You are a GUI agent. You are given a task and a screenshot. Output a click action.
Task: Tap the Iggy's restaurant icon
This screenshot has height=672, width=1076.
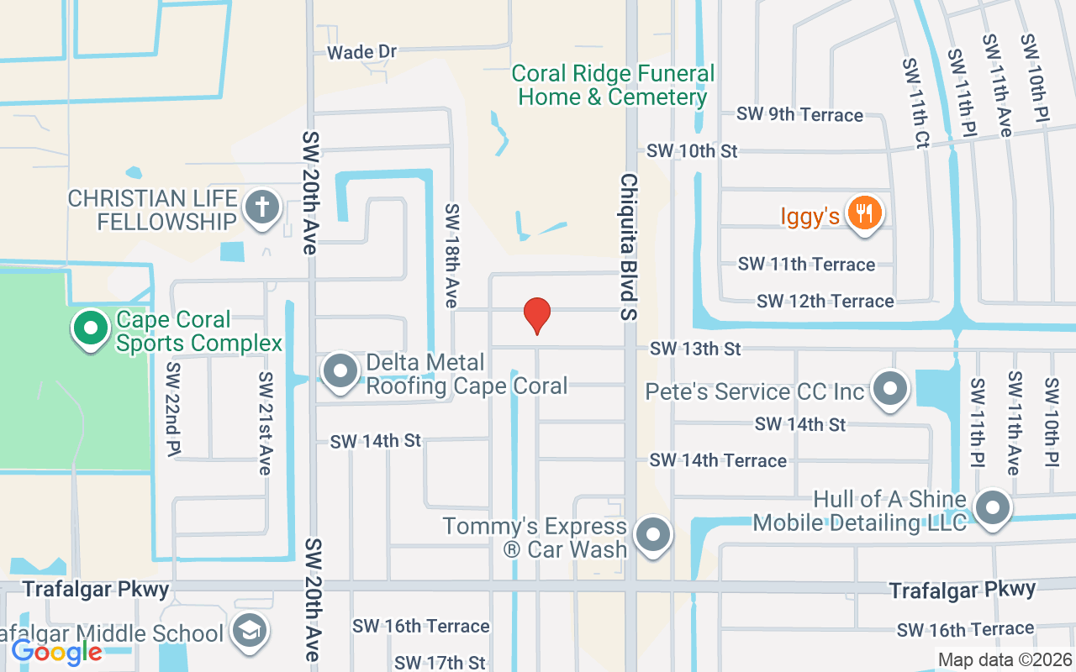pos(864,213)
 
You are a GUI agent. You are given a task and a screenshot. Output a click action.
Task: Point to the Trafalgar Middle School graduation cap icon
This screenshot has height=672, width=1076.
pos(250,631)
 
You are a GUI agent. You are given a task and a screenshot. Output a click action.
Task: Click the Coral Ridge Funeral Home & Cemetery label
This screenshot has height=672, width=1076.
pos(613,86)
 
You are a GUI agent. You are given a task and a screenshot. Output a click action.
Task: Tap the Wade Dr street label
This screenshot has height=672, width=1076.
pos(361,52)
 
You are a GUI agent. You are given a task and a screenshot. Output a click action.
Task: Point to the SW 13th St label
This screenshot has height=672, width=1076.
pos(695,348)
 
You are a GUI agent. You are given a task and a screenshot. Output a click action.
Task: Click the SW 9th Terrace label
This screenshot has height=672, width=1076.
pos(799,114)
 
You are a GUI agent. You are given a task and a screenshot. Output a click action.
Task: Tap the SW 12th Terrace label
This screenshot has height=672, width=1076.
pos(825,301)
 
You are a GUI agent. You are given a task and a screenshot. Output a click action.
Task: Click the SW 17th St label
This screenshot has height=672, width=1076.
pos(440,663)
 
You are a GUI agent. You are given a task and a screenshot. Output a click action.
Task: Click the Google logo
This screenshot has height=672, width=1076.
pos(56,651)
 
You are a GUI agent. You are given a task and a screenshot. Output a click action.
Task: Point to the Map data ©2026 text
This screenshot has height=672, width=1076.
pos(1005,660)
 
